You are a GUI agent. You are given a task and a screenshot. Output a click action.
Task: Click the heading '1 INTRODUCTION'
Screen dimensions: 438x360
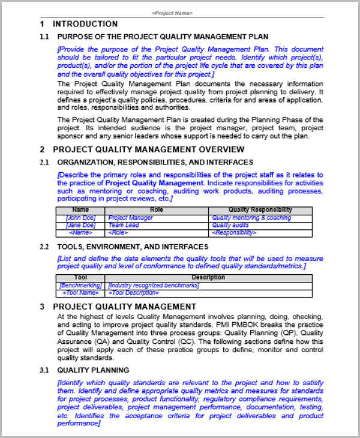(x=85, y=24)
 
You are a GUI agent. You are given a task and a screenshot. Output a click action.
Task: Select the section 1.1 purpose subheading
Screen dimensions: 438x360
(x=163, y=37)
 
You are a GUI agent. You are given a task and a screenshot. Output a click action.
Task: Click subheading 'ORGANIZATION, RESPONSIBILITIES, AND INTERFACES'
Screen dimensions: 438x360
(x=155, y=163)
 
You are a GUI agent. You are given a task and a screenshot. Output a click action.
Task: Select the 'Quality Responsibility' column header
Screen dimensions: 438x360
(x=260, y=210)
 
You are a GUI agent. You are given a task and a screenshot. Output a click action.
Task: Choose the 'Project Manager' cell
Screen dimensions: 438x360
(x=130, y=218)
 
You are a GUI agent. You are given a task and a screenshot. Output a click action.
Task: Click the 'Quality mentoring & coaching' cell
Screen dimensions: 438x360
(x=251, y=218)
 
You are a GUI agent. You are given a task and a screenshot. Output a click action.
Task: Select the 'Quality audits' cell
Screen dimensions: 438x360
(x=230, y=226)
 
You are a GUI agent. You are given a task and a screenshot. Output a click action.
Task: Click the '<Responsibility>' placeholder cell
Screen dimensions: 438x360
(x=235, y=233)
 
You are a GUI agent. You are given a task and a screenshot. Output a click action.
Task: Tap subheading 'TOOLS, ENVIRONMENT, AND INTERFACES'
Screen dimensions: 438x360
(x=133, y=247)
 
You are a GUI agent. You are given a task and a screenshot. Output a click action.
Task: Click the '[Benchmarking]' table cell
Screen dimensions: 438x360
(x=80, y=286)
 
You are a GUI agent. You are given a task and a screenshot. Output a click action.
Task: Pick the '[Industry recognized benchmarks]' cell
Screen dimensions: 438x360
(x=154, y=286)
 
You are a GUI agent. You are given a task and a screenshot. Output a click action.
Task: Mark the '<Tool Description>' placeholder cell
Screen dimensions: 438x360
(x=133, y=293)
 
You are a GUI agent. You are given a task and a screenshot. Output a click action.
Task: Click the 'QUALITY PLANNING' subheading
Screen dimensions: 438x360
(x=93, y=370)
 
